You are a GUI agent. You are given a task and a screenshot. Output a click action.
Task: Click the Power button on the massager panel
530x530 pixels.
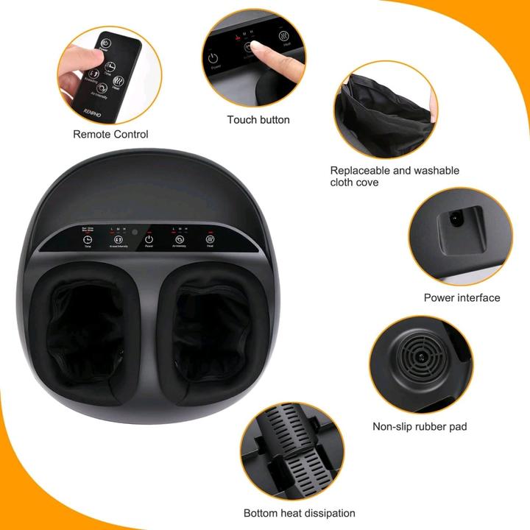click(149, 239)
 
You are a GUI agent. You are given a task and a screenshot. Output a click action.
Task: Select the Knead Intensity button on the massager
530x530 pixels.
click(118, 239)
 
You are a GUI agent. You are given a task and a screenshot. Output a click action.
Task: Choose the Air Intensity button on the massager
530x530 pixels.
click(179, 239)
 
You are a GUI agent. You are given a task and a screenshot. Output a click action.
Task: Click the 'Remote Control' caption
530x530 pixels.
click(110, 134)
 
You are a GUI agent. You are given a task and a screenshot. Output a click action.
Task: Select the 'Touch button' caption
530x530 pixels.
click(258, 119)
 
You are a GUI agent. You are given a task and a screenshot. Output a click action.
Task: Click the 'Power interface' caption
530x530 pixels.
click(462, 297)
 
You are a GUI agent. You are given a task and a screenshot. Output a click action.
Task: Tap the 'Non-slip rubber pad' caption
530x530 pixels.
click(420, 426)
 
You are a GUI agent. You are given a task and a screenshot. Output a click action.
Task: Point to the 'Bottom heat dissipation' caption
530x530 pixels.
click(300, 513)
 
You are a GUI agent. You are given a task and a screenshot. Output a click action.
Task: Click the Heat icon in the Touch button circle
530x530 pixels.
click(284, 35)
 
